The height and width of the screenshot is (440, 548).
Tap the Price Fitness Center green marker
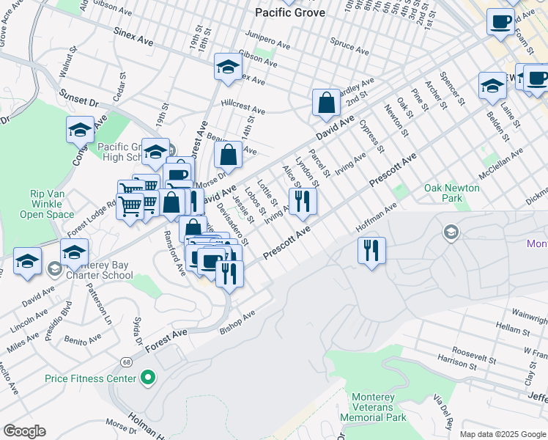click(x=149, y=378)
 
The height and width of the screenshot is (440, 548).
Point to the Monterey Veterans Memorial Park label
click(x=378, y=407)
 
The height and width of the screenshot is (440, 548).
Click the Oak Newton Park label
click(x=452, y=193)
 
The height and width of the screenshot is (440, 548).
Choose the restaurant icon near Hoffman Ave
click(x=372, y=250)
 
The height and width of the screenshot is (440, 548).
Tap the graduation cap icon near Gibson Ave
click(x=228, y=67)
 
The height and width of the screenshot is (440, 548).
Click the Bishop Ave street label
click(x=237, y=322)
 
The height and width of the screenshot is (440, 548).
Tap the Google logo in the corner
click(x=24, y=431)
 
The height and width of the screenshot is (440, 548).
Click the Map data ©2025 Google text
click(x=503, y=434)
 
